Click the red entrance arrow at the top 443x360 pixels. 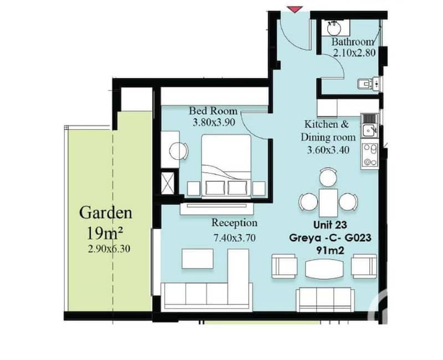click(294, 9)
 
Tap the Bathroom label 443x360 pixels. click(353, 42)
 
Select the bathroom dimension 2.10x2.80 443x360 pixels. click(354, 53)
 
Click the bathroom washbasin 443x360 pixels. click(334, 28)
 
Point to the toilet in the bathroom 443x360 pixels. click(365, 83)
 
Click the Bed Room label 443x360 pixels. click(213, 110)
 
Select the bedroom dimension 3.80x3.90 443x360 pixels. click(214, 123)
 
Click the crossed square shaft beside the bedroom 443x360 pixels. click(167, 182)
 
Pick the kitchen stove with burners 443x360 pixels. click(370, 155)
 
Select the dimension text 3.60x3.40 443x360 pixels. click(328, 150)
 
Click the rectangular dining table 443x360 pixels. click(328, 203)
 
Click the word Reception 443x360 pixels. click(235, 223)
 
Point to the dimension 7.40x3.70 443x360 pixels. click(235, 237)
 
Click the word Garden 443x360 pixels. click(106, 213)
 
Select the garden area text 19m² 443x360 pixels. click(105, 233)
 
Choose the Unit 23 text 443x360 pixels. click(330, 225)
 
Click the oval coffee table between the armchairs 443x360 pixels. click(324, 268)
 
